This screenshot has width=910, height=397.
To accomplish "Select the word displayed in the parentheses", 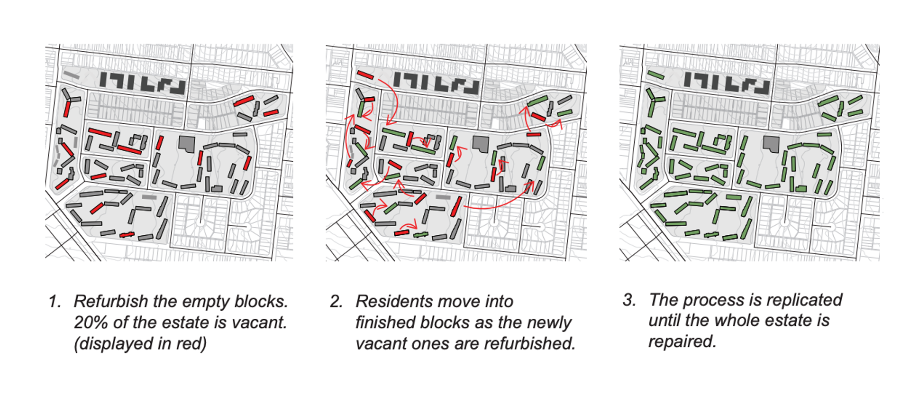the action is (108, 344).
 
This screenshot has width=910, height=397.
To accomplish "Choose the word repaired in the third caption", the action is (682, 342).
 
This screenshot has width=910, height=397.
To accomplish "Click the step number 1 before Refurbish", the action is (54, 302).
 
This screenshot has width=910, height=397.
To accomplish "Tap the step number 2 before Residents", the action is (336, 302).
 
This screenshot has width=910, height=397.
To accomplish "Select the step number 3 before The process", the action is (629, 300).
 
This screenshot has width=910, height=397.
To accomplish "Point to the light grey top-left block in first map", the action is (72, 74).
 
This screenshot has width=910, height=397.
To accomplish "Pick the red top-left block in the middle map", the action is (365, 74).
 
